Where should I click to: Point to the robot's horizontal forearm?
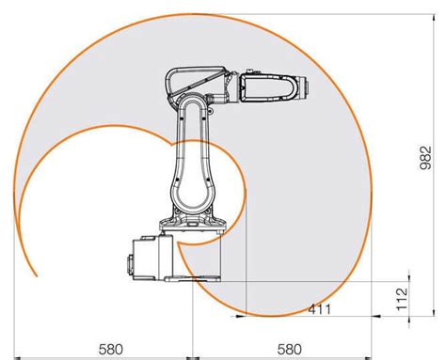pos(268,86)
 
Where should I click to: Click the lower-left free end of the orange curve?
pos(36,277)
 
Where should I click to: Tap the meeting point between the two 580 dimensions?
pos(193,356)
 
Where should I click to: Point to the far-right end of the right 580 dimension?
pos(371,356)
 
